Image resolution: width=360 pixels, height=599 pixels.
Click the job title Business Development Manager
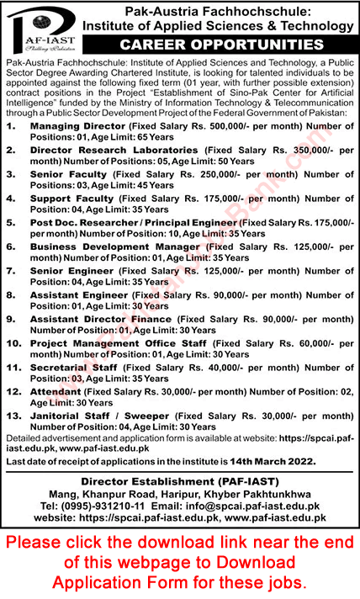(114, 247)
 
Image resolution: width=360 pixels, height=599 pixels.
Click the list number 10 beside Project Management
(12, 343)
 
